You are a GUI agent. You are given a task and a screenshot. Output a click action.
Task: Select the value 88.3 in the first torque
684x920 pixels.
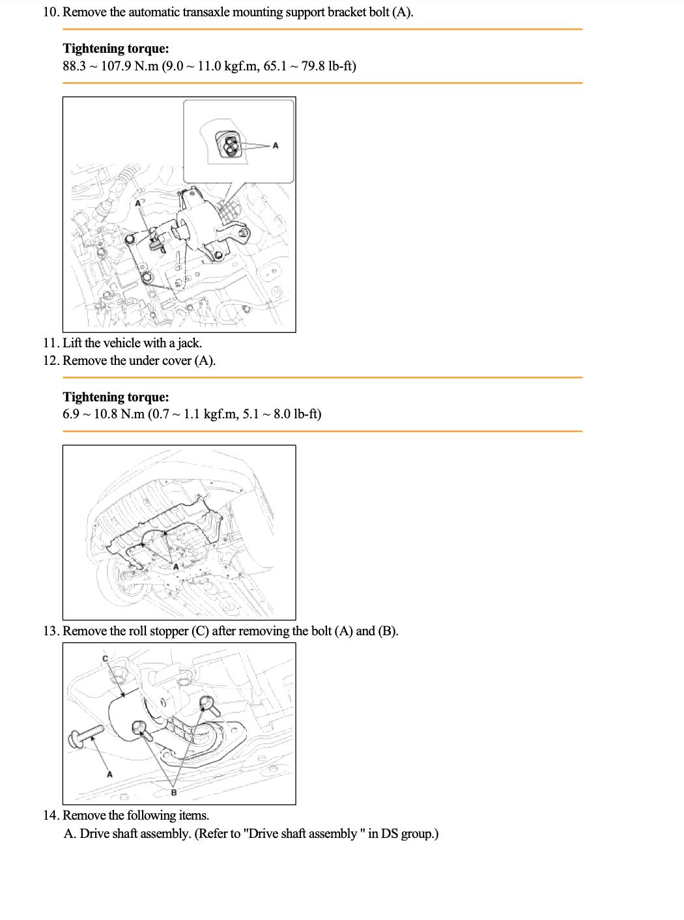(x=74, y=66)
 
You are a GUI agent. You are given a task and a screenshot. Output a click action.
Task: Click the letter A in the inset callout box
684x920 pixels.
(x=276, y=145)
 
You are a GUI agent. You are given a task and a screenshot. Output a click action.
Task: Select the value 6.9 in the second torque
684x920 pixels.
(x=71, y=414)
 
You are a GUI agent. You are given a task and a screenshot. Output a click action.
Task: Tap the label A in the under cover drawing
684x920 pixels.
(x=176, y=567)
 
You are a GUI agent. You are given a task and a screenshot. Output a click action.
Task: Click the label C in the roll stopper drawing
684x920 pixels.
(x=106, y=659)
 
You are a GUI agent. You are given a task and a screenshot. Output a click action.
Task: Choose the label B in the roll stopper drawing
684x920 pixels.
(x=174, y=792)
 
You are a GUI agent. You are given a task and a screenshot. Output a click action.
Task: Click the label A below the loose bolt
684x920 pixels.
(x=109, y=774)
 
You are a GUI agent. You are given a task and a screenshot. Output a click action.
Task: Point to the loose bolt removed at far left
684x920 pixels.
(x=85, y=737)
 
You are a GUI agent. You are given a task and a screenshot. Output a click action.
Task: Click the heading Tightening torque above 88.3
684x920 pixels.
(x=116, y=48)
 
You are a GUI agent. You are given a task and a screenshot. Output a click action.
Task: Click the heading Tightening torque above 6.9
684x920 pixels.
(x=116, y=397)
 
